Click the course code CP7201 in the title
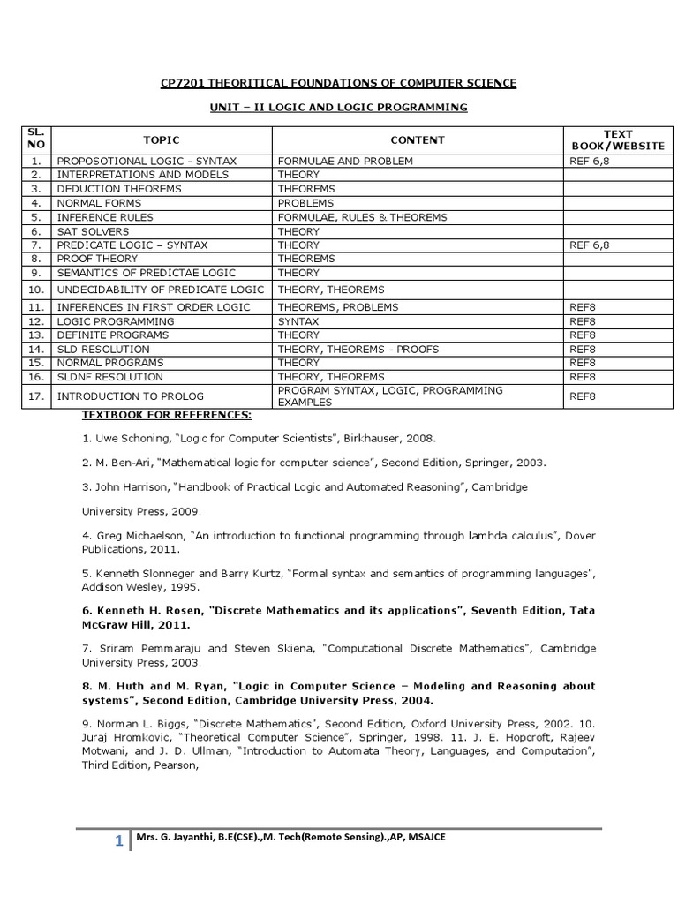[x=180, y=83]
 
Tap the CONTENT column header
[x=418, y=139]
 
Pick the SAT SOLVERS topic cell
[x=90, y=231]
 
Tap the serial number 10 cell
[x=35, y=290]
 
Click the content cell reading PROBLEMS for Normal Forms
[x=305, y=203]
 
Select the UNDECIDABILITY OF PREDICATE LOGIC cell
[x=160, y=290]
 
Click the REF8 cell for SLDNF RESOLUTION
[x=583, y=377]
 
